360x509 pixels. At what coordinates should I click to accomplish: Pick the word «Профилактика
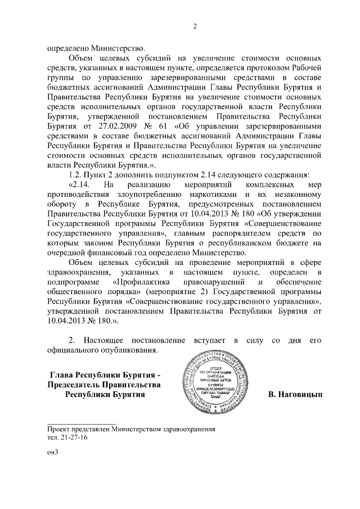[x=139, y=281]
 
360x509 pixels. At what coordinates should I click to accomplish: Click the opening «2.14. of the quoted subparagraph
[x=78, y=184]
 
